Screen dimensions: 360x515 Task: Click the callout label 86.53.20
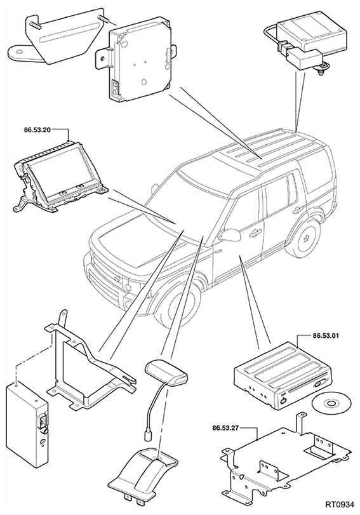(37, 130)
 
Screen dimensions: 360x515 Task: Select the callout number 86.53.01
(322, 336)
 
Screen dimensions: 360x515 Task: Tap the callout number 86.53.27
(225, 428)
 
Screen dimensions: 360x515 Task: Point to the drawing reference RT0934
(340, 504)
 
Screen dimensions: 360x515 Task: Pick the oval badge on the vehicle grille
(117, 279)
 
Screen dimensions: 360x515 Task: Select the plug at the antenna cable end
(148, 436)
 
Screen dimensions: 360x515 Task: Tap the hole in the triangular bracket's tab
(19, 51)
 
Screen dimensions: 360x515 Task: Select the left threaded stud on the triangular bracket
(34, 24)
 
